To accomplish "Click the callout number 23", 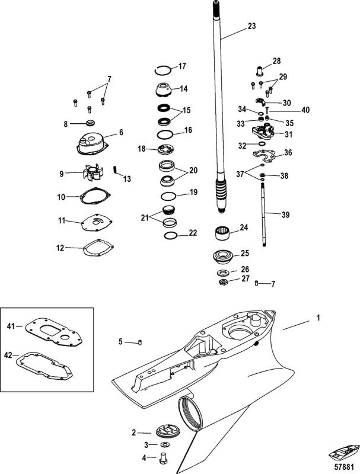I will [x=251, y=26].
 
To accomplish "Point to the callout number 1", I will [x=318, y=318].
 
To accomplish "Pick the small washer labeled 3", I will [x=164, y=444].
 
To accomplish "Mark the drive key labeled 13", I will [x=116, y=169].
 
